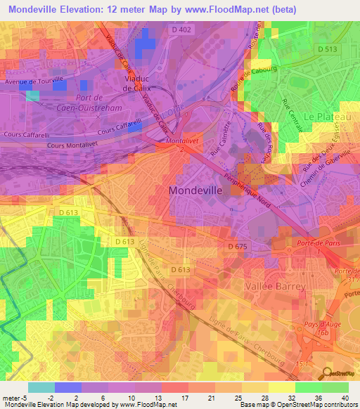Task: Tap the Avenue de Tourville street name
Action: tap(34, 79)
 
